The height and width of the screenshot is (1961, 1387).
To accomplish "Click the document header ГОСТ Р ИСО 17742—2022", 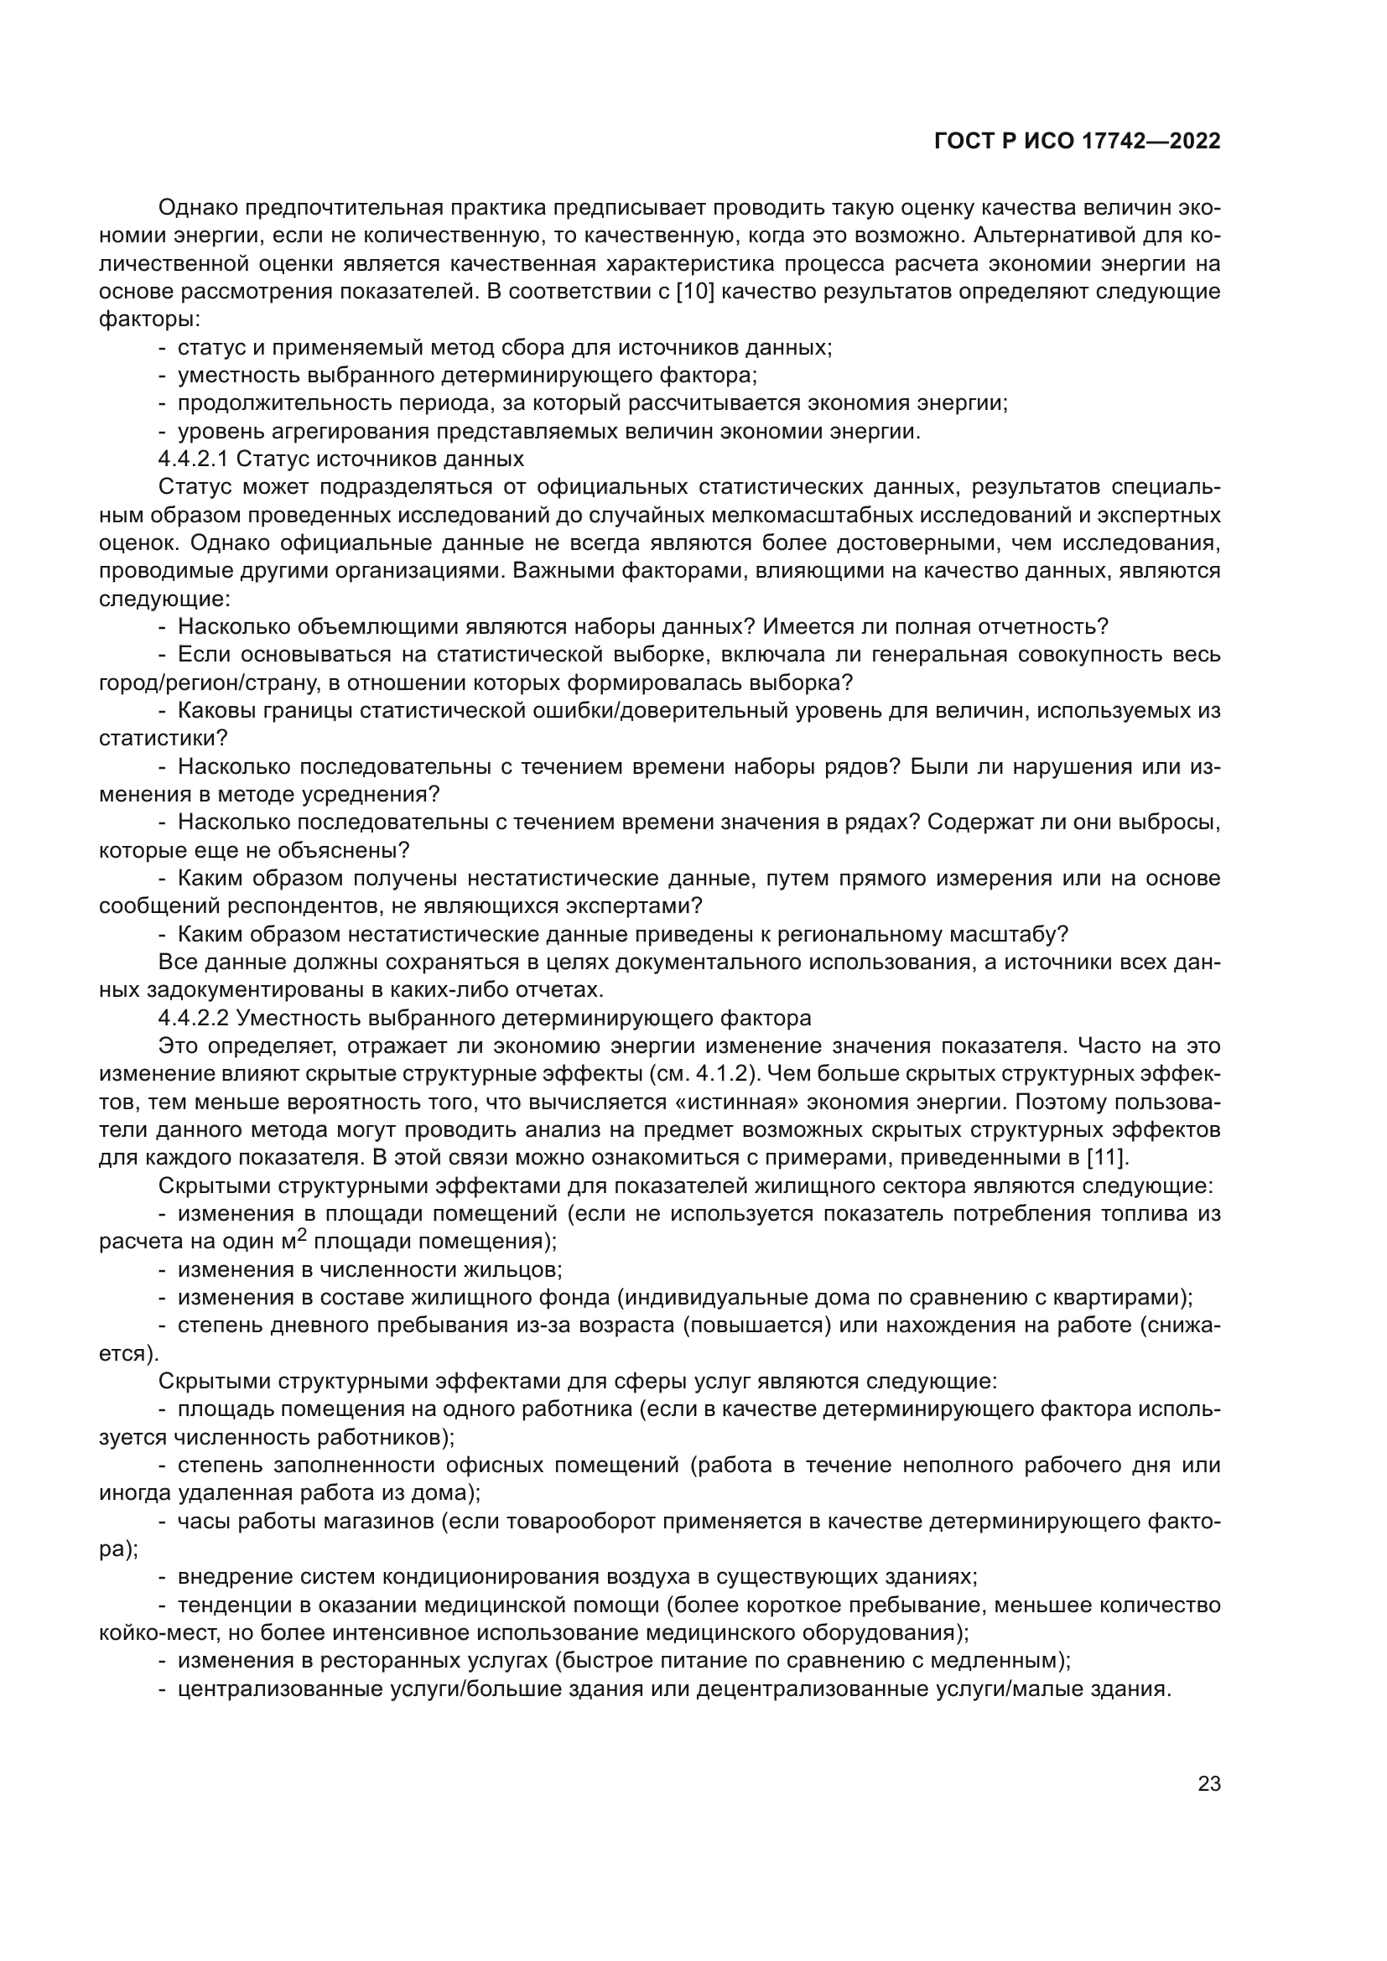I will pyautogui.click(x=1077, y=142).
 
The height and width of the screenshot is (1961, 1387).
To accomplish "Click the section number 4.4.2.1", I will pyautogui.click(x=193, y=459).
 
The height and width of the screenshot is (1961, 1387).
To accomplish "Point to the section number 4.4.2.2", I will pyautogui.click(x=193, y=1018).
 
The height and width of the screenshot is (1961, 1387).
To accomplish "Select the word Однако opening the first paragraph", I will pyautogui.click(x=198, y=208).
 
